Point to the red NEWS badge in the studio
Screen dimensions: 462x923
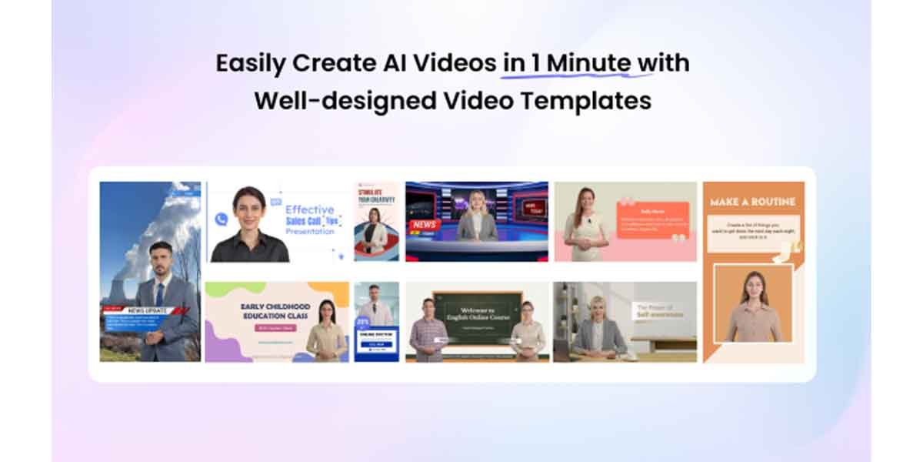coord(425,225)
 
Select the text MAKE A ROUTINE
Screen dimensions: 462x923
coord(753,202)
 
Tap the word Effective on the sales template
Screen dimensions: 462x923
coord(309,209)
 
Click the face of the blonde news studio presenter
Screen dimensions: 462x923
coord(477,199)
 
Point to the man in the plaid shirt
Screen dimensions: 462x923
coord(428,331)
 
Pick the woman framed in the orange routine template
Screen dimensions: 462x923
coord(753,308)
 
